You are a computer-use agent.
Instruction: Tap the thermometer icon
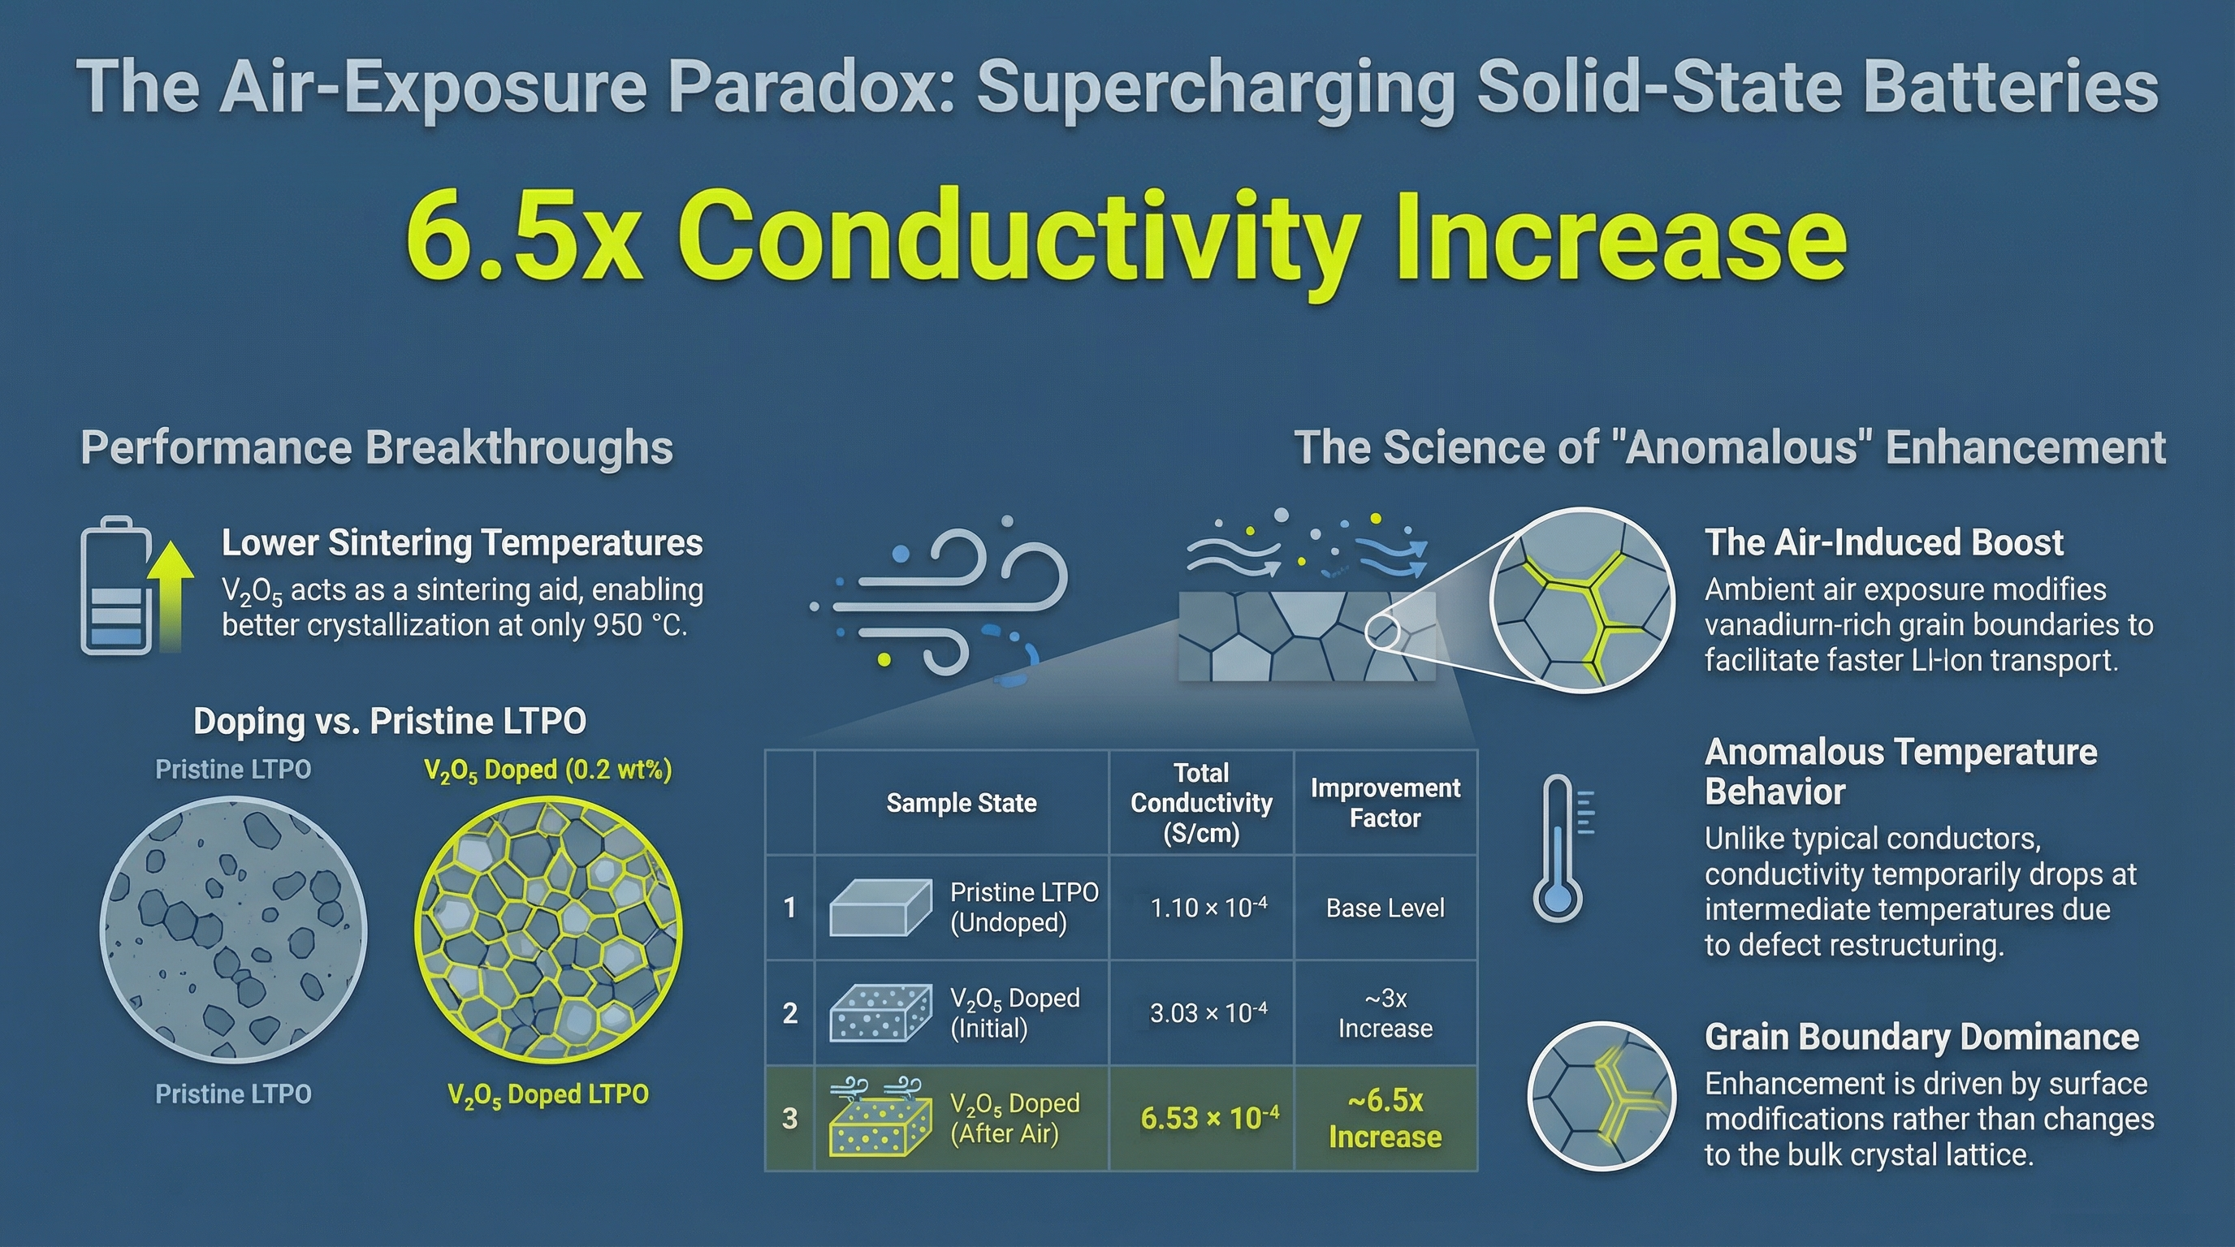point(1563,848)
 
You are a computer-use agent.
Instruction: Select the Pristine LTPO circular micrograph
point(233,930)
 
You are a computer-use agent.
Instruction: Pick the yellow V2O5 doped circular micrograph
point(548,930)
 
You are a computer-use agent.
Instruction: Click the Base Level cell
point(1386,908)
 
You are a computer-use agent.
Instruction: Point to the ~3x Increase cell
point(1386,1013)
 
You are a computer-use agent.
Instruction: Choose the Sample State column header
point(962,803)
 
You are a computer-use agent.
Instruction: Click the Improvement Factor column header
point(1386,803)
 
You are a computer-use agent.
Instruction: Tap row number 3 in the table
point(789,1119)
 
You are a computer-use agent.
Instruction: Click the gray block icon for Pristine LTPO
point(880,908)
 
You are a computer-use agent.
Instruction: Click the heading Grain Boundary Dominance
point(1922,1038)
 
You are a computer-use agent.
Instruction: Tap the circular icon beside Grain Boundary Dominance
point(1602,1097)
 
